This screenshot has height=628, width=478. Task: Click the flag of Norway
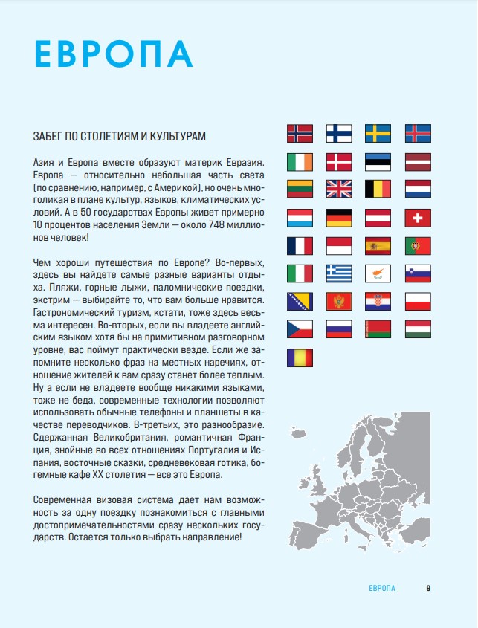point(300,134)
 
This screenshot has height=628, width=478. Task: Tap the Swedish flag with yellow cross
point(378,134)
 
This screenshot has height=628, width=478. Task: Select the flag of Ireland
point(300,161)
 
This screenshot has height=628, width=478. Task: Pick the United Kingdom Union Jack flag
point(339,190)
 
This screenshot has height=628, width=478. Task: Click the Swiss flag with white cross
point(417,218)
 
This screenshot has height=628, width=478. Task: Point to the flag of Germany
point(339,218)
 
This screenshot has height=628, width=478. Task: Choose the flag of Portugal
point(417,246)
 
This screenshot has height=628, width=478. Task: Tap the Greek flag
point(339,273)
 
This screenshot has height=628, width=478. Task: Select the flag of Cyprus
point(378,273)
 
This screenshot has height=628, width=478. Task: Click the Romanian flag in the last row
point(300,357)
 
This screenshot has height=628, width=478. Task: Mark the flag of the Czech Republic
point(300,329)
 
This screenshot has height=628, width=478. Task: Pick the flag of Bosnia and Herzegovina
point(300,302)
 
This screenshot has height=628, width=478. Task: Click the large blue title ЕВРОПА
point(113,54)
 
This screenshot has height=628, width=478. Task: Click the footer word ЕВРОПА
point(382,588)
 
